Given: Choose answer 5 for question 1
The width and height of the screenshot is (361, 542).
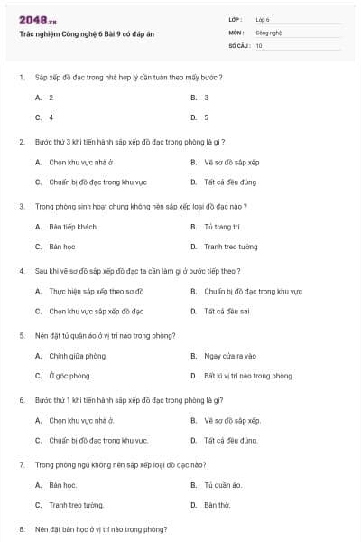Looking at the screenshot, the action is coord(206,117).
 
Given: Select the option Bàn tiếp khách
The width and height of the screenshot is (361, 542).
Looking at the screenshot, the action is coord(72,227).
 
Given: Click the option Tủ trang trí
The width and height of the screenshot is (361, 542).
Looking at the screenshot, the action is coord(222,227).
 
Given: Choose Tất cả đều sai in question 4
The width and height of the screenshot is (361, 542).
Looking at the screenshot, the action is coord(227,311).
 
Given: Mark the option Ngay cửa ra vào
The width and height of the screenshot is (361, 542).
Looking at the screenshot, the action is coord(230,356).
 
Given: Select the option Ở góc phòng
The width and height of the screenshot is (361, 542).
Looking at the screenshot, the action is coord(69,376).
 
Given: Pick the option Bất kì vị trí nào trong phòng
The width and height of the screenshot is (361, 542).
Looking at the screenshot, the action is coord(247,376).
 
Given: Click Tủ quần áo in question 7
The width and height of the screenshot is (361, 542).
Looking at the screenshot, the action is coord(223,485).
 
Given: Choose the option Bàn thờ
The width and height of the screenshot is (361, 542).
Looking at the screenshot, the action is coord(218,505).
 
